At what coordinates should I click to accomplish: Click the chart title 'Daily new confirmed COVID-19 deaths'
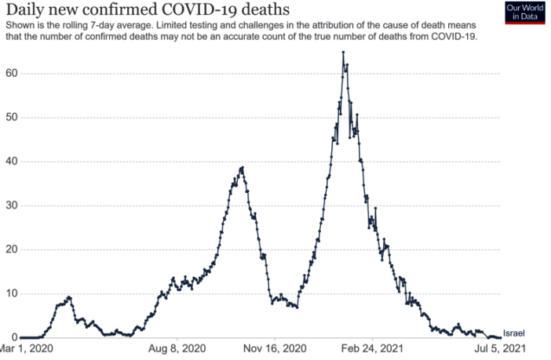pyautogui.click(x=146, y=10)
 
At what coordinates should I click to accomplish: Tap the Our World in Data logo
pyautogui.click(x=524, y=13)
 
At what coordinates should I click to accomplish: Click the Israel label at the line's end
pyautogui.click(x=513, y=333)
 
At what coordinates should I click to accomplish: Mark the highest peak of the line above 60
pyautogui.click(x=343, y=53)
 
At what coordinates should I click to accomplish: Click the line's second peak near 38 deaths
pyautogui.click(x=242, y=167)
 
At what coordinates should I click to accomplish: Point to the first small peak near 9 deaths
pyautogui.click(x=69, y=297)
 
